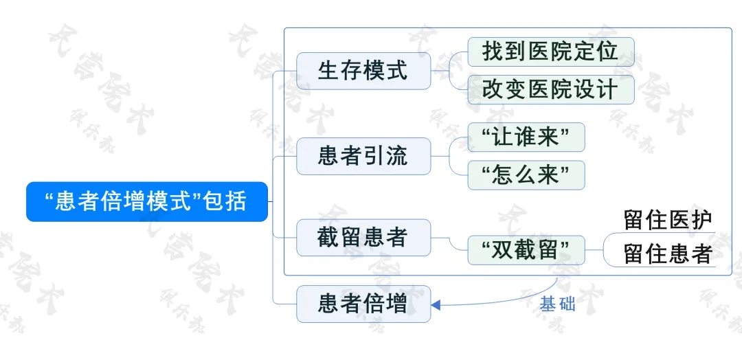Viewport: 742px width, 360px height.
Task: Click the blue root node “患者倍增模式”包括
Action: (x=147, y=201)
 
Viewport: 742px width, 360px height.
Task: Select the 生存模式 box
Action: (x=363, y=71)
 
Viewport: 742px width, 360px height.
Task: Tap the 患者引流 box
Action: (x=363, y=156)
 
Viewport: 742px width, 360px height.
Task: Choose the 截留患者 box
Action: (x=363, y=238)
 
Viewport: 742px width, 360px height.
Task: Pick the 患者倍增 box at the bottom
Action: (x=363, y=304)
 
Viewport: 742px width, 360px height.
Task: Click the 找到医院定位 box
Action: (x=551, y=52)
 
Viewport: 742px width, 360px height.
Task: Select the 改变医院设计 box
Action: (x=551, y=89)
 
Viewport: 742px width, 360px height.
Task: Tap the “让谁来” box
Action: (x=526, y=137)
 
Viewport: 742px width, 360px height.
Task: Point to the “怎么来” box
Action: (x=526, y=175)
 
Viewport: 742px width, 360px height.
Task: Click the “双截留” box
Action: (x=526, y=250)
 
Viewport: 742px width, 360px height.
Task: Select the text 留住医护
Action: (x=668, y=221)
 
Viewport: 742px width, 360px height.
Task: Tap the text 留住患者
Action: (x=668, y=254)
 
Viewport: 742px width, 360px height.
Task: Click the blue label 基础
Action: (x=557, y=305)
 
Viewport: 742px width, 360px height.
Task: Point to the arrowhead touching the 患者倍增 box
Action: (x=436, y=305)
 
